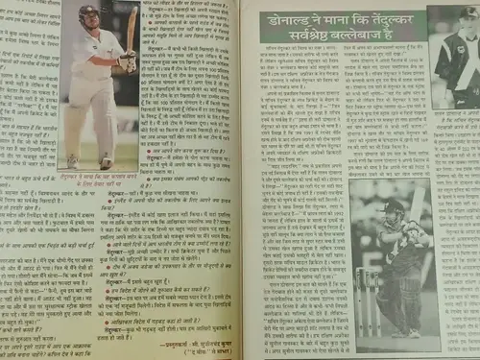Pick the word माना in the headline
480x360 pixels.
coord(313,17)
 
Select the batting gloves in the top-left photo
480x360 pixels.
coord(124,61)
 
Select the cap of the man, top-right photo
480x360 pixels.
coord(469,14)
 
